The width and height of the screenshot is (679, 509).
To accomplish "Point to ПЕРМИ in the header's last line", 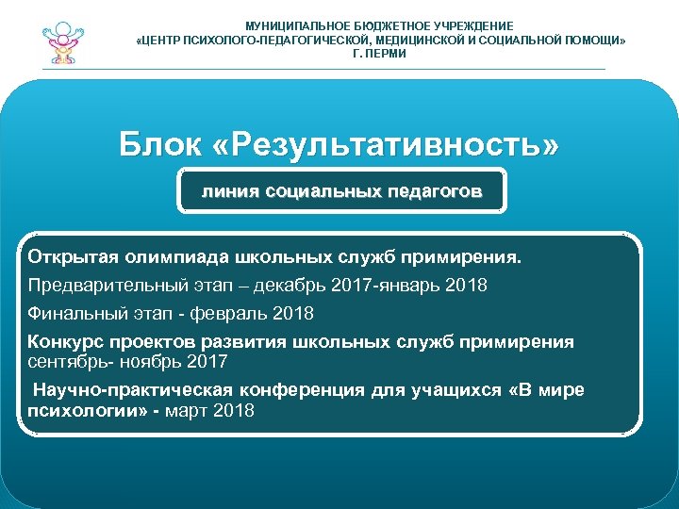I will (x=387, y=54).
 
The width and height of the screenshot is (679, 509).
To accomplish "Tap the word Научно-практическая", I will (x=128, y=390).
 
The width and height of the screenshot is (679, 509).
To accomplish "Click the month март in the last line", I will (x=189, y=411).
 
